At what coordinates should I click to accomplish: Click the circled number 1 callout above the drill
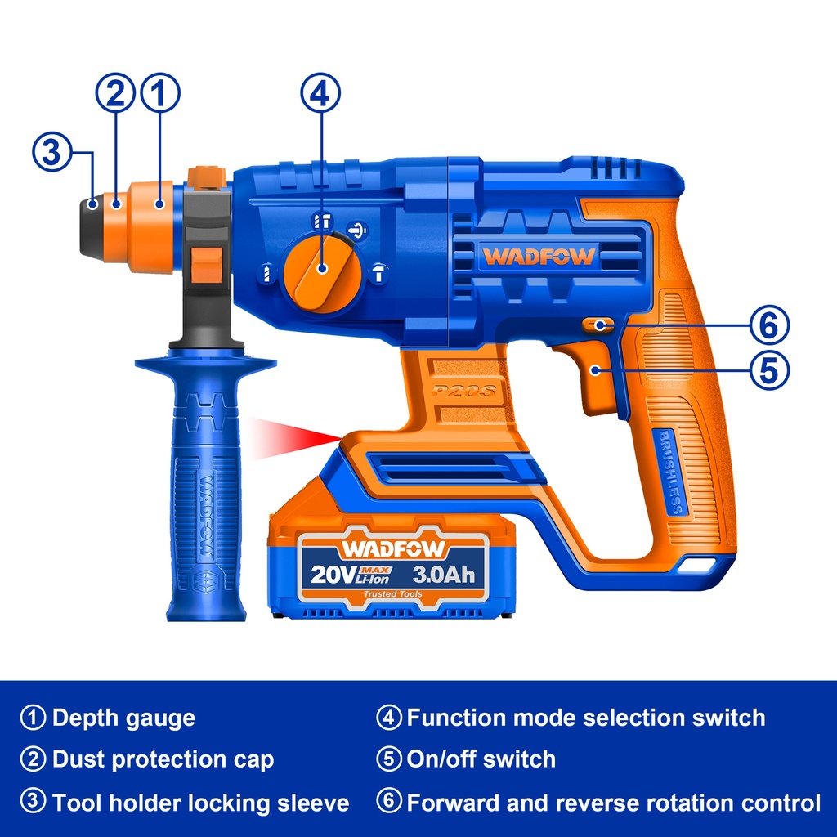tap(160, 94)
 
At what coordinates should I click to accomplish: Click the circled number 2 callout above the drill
tap(116, 94)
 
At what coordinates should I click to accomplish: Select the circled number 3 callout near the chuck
tap(51, 152)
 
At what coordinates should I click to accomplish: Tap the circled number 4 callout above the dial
tap(320, 94)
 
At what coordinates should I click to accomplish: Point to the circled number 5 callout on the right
tap(769, 369)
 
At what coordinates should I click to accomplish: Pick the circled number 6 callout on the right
tap(769, 325)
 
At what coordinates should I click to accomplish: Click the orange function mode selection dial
tap(320, 270)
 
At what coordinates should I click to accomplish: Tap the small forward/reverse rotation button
tap(598, 325)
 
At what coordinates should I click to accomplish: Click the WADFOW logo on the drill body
tap(539, 256)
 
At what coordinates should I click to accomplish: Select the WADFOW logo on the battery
tap(393, 548)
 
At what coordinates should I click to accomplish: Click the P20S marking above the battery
tap(467, 391)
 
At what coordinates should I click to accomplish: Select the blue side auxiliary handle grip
tap(204, 507)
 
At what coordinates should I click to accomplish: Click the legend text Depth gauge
tap(123, 718)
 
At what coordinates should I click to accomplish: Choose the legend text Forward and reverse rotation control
tap(613, 802)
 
